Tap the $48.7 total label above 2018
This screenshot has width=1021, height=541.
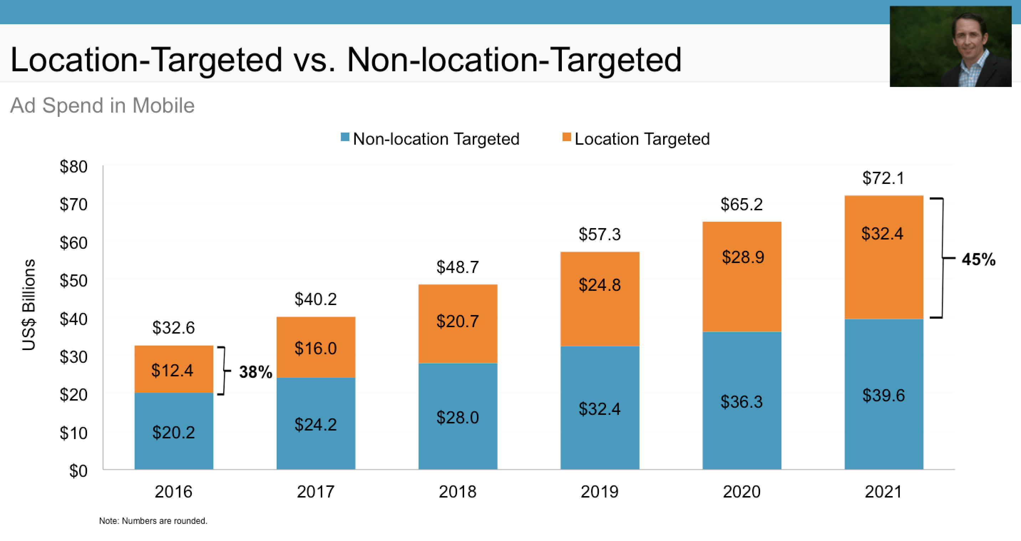click(457, 267)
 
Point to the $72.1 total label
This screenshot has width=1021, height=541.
click(883, 178)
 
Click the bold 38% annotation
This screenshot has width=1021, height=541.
click(256, 372)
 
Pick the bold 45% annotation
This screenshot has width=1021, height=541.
click(978, 259)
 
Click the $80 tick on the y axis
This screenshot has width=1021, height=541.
click(73, 166)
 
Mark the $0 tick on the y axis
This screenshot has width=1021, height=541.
click(78, 471)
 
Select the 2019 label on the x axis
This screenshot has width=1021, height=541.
click(599, 492)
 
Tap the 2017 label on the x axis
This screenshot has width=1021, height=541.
click(315, 492)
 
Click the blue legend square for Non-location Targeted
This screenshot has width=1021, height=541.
click(345, 137)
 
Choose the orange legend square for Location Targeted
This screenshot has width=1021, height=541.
click(566, 137)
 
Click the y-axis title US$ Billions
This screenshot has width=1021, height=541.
click(29, 305)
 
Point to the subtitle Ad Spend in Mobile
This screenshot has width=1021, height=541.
click(102, 105)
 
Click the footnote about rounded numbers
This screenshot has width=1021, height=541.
click(153, 521)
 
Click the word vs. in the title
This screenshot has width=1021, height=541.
click(314, 60)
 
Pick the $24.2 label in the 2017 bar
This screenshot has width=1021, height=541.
click(315, 424)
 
